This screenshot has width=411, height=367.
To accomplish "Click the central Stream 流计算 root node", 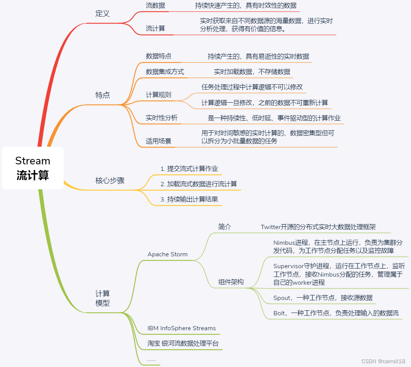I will pos(33,168).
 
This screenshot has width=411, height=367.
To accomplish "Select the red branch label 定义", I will pos(103,14).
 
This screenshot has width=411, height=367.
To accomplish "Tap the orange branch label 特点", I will pos(103,95).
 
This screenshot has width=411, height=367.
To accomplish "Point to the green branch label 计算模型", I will pos(103,298).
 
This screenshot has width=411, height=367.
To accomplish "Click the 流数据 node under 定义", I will pos(155,6).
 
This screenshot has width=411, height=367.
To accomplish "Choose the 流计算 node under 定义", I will pos(155,28).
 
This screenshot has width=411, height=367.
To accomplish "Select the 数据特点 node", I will pos(158,56).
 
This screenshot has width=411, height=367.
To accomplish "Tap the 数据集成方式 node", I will pos(165,72).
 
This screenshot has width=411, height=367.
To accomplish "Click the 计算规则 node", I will pos(158,95).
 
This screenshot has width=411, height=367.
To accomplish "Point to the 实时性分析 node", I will pos(161,118).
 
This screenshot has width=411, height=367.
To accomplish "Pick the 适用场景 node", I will pos(158,141).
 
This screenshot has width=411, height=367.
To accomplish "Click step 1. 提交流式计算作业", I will pos(189,169).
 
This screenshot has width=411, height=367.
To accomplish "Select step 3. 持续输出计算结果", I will pos(189,199).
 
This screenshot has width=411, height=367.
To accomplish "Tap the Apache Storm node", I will pos(168,254).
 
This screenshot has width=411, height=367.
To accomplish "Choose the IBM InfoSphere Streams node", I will pos(182,328).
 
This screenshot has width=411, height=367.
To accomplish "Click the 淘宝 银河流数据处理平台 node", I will pos(183,343).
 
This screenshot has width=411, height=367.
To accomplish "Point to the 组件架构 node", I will pos(231,282).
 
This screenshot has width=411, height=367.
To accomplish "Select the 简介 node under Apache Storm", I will pos(225,227).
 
